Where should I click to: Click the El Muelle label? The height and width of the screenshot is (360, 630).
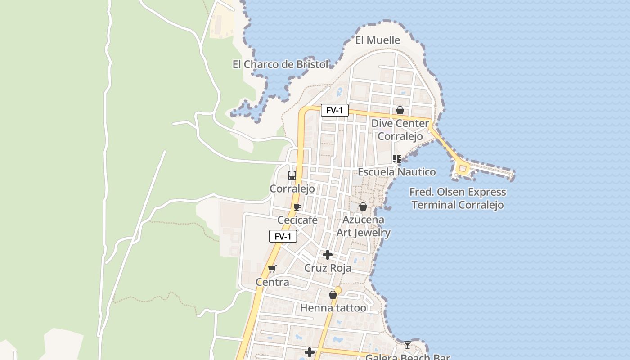(x=378, y=40)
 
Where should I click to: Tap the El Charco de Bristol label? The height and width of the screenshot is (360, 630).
(x=280, y=64)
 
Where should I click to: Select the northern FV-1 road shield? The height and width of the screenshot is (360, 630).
(x=334, y=110)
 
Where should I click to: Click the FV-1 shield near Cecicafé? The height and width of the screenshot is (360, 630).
(x=283, y=236)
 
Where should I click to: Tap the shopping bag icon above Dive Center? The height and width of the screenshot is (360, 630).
(x=400, y=110)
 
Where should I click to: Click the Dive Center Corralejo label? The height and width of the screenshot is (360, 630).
(x=400, y=130)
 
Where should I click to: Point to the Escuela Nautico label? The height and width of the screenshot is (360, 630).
(x=396, y=172)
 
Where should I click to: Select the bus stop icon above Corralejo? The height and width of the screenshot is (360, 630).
(x=292, y=175)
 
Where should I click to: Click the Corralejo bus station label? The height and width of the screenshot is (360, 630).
(x=292, y=189)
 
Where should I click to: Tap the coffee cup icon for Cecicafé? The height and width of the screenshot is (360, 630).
(x=297, y=207)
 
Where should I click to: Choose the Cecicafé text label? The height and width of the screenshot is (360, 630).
(x=297, y=220)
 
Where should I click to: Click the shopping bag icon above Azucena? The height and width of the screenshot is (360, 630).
(x=363, y=207)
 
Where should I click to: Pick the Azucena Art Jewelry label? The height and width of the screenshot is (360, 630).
(x=364, y=226)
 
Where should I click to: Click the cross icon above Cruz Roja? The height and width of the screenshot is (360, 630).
(x=328, y=255)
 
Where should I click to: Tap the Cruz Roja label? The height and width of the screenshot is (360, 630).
(x=328, y=268)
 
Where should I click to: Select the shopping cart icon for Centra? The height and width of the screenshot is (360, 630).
(x=272, y=269)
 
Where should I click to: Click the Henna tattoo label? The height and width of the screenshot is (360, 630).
(x=333, y=308)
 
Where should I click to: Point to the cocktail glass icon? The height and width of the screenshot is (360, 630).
(x=407, y=345)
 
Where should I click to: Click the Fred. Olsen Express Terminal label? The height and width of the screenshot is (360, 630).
(x=458, y=198)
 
